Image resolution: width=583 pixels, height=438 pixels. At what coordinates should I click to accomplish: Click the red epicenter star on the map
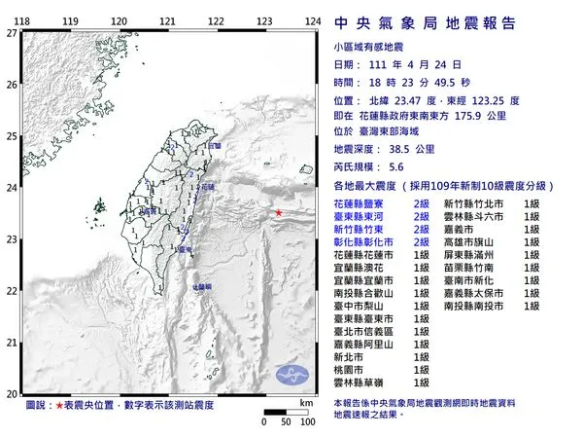[278, 213]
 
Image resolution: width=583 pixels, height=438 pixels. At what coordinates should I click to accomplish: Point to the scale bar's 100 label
[307, 421]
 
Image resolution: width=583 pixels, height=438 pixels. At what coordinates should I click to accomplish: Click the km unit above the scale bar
[306, 401]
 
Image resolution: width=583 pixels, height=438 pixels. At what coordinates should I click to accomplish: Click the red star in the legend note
[60, 403]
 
